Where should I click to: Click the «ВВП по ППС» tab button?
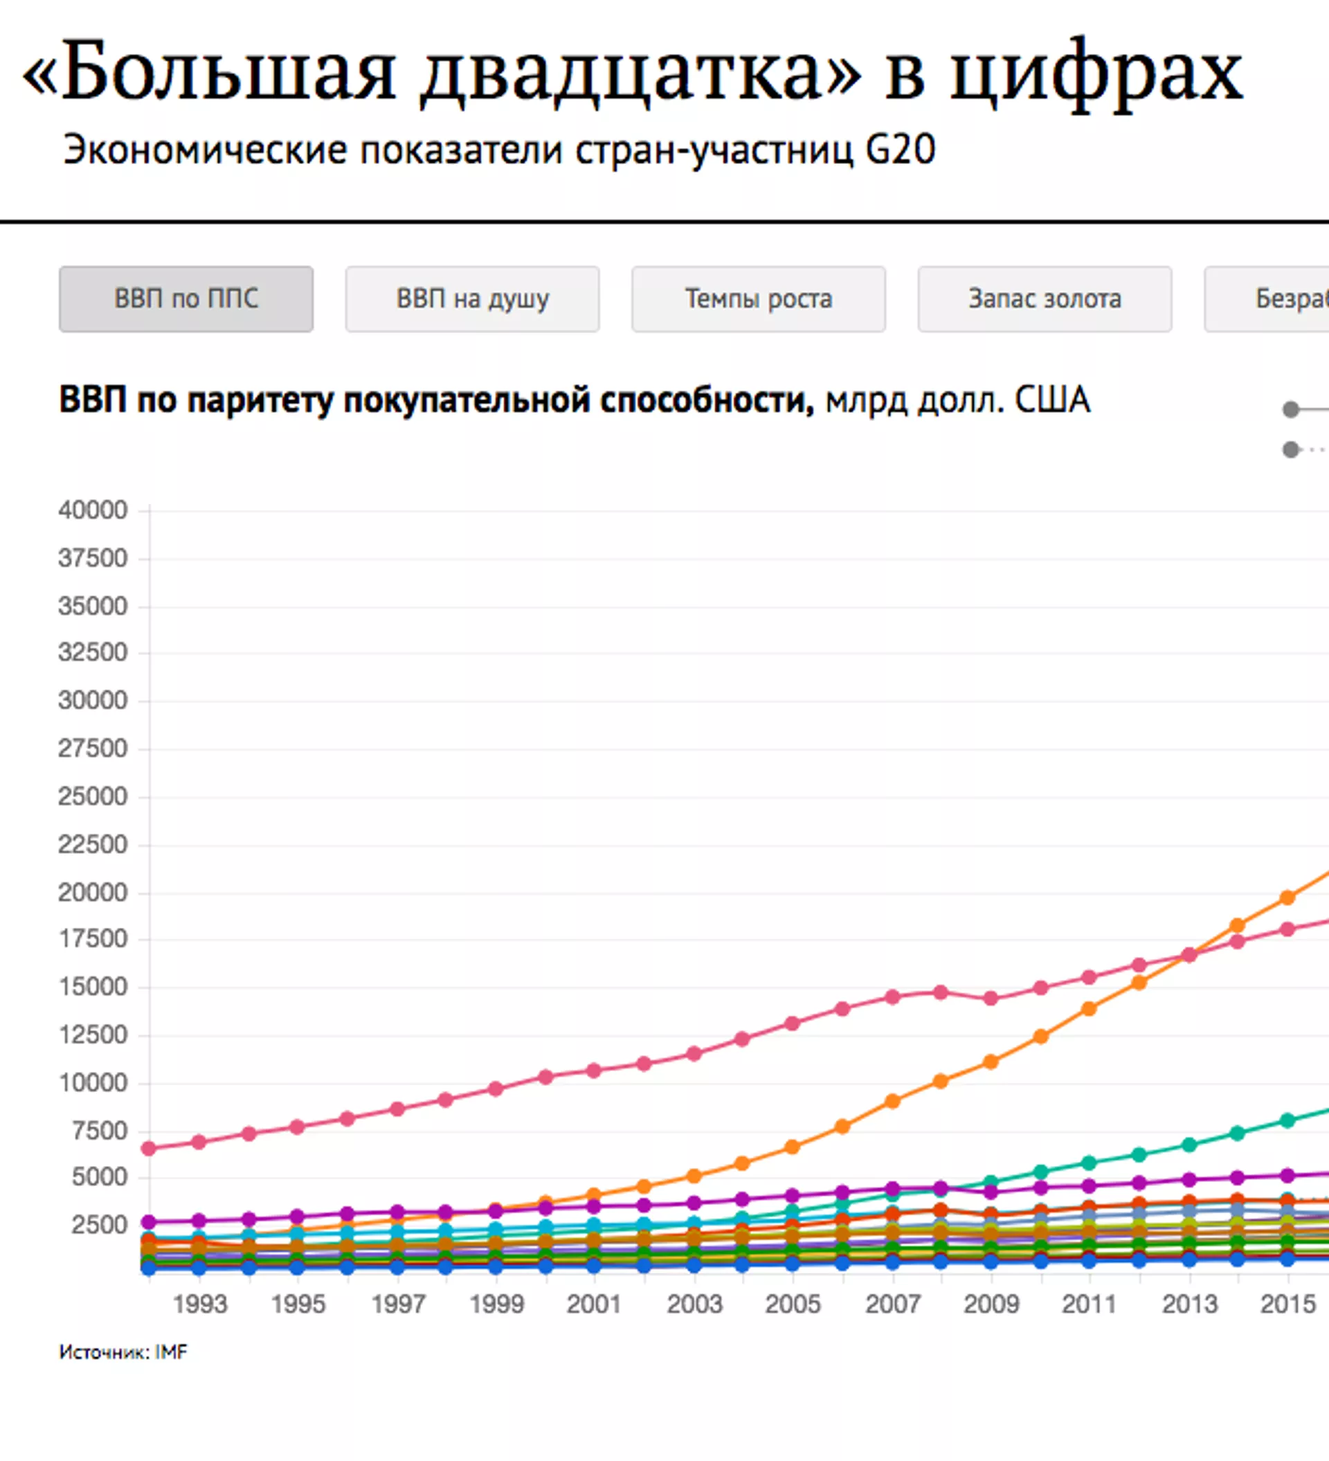click(x=186, y=298)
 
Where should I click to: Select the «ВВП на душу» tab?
click(x=473, y=298)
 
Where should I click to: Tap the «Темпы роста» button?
click(x=758, y=298)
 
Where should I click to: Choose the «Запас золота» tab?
click(x=1045, y=298)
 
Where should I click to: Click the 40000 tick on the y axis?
click(x=93, y=510)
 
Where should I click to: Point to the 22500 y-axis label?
click(x=93, y=844)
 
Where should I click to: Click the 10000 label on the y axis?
click(x=93, y=1083)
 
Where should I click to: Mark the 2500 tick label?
click(x=99, y=1225)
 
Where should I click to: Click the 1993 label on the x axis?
click(x=200, y=1304)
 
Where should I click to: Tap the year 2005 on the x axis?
click(x=793, y=1304)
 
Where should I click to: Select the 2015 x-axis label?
click(x=1287, y=1304)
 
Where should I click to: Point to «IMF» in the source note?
click(x=171, y=1352)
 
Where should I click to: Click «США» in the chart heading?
click(x=1052, y=400)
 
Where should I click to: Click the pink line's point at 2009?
click(x=991, y=998)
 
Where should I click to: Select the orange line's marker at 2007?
click(x=893, y=1102)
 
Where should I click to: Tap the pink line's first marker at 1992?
click(x=149, y=1149)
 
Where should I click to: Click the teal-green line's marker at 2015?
click(x=1287, y=1120)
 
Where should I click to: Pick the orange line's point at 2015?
click(x=1287, y=898)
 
